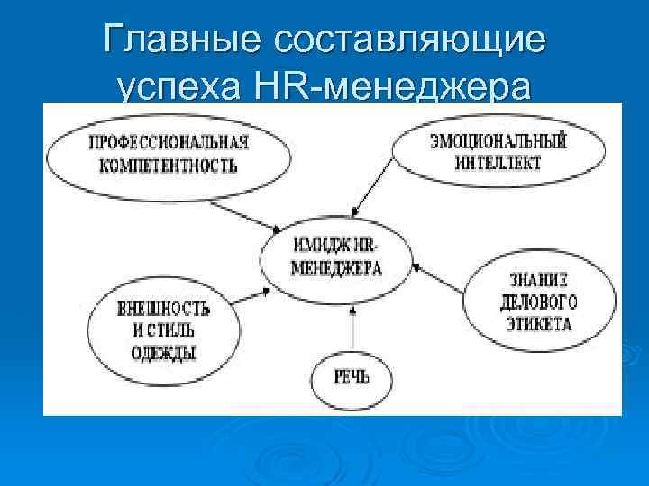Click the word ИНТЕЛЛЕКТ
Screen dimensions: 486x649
[498, 163]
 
